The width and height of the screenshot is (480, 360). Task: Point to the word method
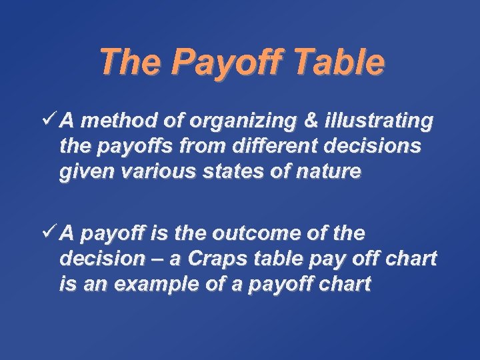[x=115, y=121]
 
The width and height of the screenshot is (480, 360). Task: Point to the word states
[x=219, y=172]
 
